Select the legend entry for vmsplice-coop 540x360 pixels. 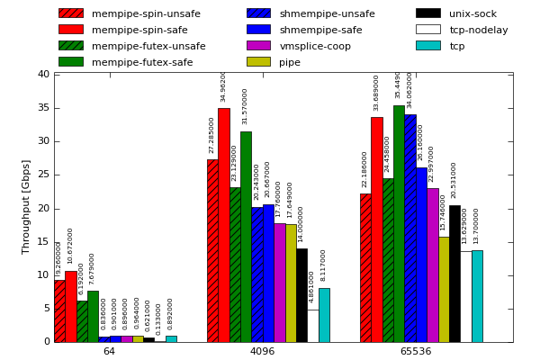[315, 46]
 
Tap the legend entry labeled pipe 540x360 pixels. [291, 62]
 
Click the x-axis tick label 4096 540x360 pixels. [262, 352]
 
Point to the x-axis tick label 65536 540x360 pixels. [415, 352]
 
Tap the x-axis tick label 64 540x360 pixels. [109, 352]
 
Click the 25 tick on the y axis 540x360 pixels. [44, 175]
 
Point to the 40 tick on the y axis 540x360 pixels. [44, 74]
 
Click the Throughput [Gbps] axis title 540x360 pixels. [26, 206]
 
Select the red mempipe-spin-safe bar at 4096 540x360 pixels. [224, 225]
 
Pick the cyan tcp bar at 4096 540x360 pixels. [324, 315]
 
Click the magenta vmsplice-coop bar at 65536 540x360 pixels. [433, 265]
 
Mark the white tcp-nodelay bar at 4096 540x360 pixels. [313, 326]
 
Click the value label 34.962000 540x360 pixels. [224, 86]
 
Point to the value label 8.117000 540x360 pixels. [324, 265]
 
